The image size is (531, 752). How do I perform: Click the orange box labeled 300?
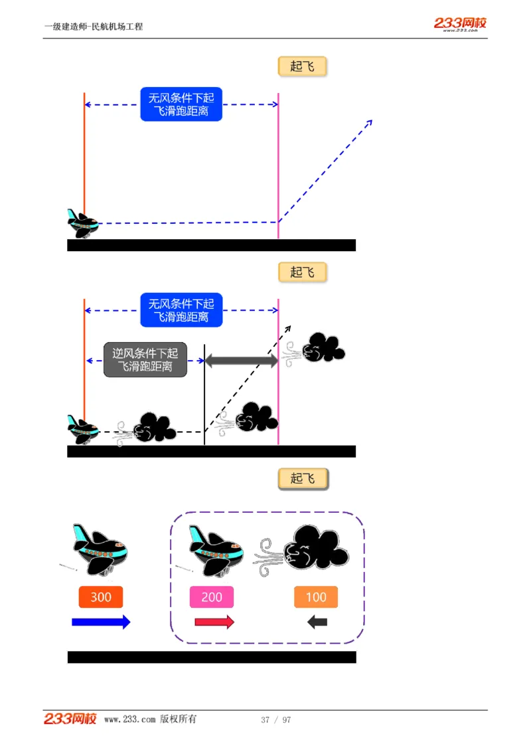[101, 597]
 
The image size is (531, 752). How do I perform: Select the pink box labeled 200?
[212, 597]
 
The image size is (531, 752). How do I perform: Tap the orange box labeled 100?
[316, 597]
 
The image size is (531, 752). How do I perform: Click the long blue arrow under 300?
[101, 622]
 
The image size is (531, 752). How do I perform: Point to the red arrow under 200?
[214, 622]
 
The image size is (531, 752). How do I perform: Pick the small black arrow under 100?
[317, 622]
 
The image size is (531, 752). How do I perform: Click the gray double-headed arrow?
[241, 361]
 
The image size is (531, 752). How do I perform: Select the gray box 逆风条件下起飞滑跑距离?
[145, 360]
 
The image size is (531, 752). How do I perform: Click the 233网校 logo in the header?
[461, 24]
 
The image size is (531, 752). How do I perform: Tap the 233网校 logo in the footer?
[70, 719]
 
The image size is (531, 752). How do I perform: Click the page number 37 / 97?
[276, 720]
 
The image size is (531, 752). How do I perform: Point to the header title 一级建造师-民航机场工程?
[94, 27]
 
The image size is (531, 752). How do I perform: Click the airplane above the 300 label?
[100, 548]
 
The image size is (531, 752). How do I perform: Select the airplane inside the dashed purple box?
[214, 549]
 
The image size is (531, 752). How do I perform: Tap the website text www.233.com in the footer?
[130, 719]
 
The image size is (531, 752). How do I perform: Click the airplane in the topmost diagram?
[83, 223]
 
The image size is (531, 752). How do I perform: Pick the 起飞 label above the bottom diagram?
[303, 478]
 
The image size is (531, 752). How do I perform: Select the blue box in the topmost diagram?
[181, 104]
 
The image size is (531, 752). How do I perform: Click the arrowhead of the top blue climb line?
[370, 122]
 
